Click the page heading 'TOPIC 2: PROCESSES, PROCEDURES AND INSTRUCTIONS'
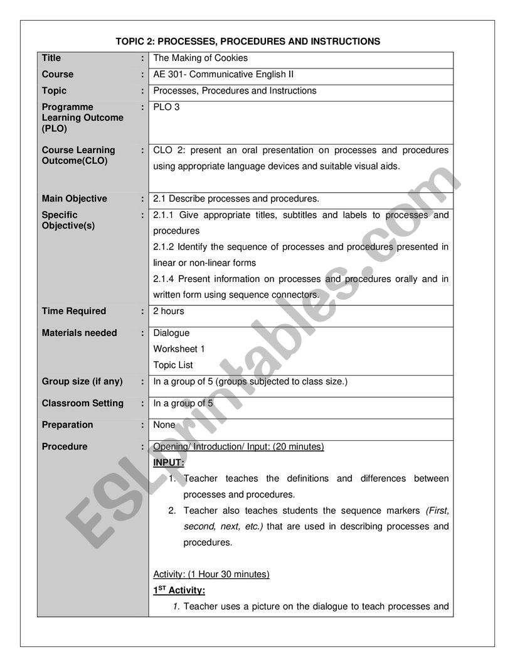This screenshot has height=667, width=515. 248,41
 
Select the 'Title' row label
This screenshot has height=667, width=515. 51,58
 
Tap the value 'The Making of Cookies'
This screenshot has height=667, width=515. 200,58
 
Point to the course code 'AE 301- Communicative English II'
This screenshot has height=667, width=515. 223,75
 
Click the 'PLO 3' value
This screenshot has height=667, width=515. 166,107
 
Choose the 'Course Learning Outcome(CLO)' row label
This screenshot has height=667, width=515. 78,155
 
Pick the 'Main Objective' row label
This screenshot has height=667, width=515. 74,199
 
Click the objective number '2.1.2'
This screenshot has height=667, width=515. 164,247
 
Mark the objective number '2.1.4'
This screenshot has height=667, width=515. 164,279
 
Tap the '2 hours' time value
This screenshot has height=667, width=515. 169,311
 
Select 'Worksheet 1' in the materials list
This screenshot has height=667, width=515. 179,349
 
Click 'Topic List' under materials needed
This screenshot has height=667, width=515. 173,365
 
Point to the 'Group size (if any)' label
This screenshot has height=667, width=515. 82,381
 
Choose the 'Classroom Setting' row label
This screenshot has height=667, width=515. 82,403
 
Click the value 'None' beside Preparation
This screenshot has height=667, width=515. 164,425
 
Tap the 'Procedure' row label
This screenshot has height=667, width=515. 65,447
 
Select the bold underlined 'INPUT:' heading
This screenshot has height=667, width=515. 169,462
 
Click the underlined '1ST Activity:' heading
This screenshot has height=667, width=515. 179,590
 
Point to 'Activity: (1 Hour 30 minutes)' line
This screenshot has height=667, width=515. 211,574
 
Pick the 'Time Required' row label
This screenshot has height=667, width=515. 74,311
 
